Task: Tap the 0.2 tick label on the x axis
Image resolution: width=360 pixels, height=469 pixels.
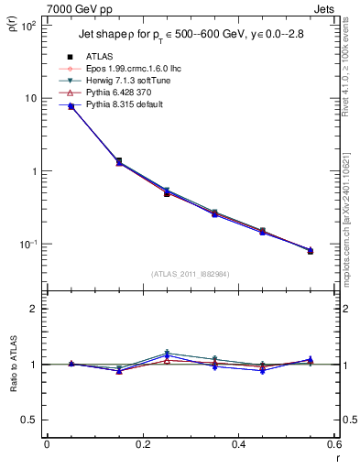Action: point(142,445)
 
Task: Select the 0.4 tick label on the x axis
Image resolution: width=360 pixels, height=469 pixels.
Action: point(238,445)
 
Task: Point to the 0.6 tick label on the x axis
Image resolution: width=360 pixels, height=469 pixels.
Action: point(333,445)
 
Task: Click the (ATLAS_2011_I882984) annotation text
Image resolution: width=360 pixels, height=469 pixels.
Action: point(189,273)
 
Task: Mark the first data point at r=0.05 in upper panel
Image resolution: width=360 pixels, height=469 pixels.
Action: point(71,106)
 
